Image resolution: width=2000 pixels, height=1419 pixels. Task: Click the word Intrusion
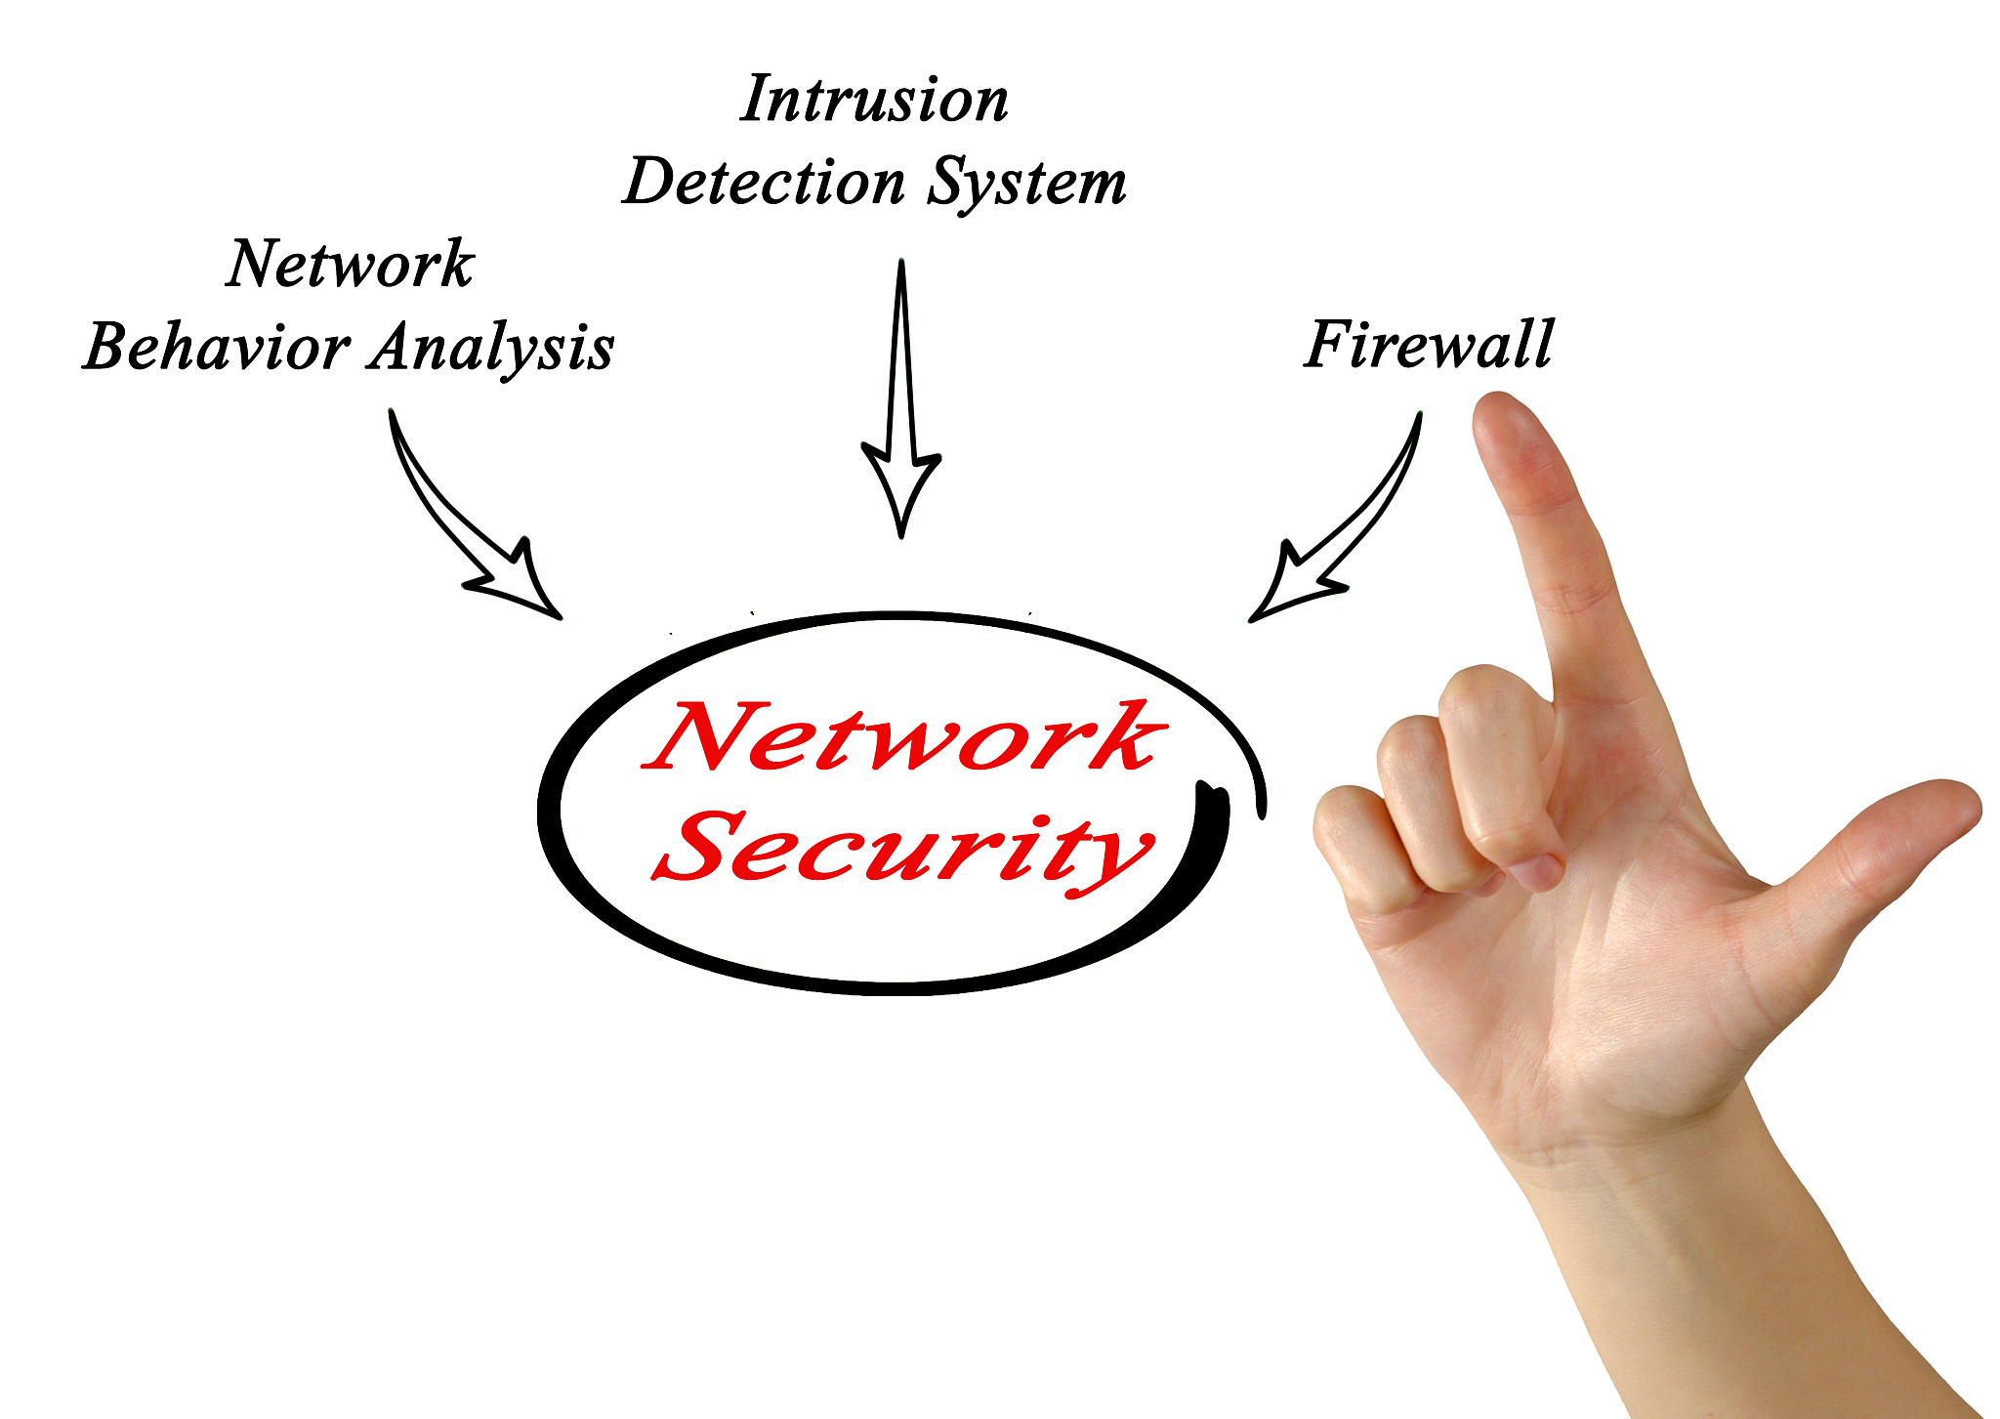(874, 100)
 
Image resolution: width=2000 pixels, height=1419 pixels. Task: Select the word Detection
(764, 183)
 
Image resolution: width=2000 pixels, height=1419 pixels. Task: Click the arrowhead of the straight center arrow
(901, 493)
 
